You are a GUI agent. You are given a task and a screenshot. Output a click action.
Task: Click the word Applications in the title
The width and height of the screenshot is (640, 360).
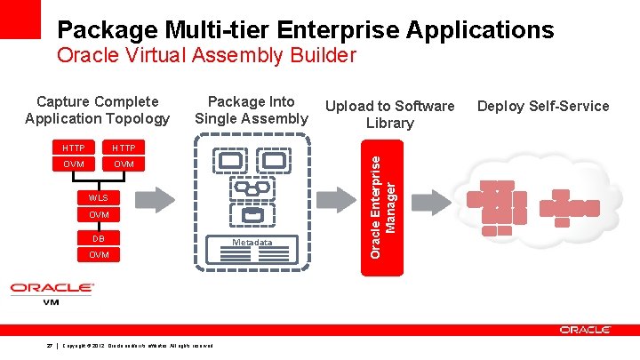pos(481,29)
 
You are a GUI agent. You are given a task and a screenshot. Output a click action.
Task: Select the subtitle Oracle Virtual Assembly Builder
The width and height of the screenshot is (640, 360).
pos(205,56)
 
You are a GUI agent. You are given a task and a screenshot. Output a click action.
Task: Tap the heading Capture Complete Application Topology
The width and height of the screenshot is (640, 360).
pos(97,110)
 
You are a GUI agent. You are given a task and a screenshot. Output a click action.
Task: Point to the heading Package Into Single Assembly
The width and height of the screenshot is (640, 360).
pos(252,110)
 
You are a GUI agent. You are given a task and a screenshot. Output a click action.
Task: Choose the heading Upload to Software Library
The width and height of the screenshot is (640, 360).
pos(390,115)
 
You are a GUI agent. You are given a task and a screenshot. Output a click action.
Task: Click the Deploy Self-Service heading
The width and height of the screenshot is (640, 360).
pos(543,107)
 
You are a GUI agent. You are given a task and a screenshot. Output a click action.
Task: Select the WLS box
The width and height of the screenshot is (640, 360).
pos(99,197)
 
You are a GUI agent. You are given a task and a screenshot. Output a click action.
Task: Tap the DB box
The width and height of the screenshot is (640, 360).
pos(99,237)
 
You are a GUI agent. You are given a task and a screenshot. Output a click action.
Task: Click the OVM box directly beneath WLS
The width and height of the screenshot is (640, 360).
pos(99,215)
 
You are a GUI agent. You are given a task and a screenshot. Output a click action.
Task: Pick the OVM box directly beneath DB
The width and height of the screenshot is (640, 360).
pos(99,255)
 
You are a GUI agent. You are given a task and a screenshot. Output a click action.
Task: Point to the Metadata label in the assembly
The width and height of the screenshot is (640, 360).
pos(252,243)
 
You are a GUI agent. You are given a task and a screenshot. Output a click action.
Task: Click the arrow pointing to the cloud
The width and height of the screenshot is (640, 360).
pos(436,197)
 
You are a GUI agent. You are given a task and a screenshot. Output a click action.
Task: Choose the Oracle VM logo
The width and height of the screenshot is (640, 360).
pos(52,292)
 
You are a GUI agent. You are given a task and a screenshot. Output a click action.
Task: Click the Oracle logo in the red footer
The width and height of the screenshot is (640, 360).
pos(584,330)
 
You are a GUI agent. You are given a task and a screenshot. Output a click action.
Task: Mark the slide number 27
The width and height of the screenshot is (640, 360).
pos(51,345)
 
